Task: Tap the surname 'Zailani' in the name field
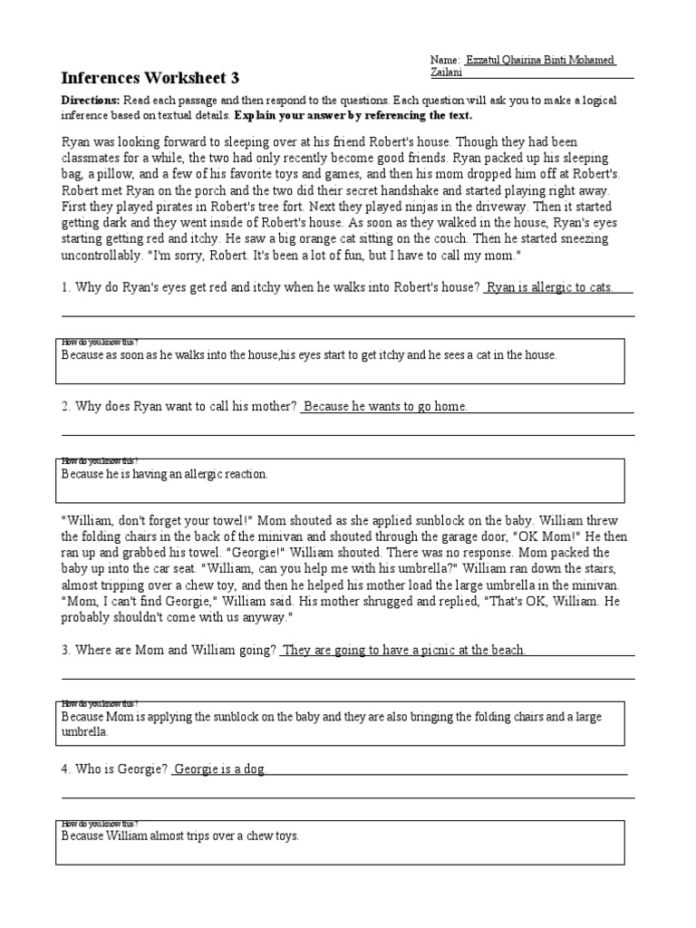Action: point(448,72)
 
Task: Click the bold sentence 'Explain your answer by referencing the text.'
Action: point(353,116)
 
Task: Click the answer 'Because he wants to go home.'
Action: point(385,407)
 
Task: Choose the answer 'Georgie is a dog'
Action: point(219,768)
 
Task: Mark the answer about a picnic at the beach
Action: point(404,650)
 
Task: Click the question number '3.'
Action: point(66,650)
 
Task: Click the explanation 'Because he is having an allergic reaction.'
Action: point(165,474)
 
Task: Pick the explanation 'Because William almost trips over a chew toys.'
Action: point(180,836)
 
